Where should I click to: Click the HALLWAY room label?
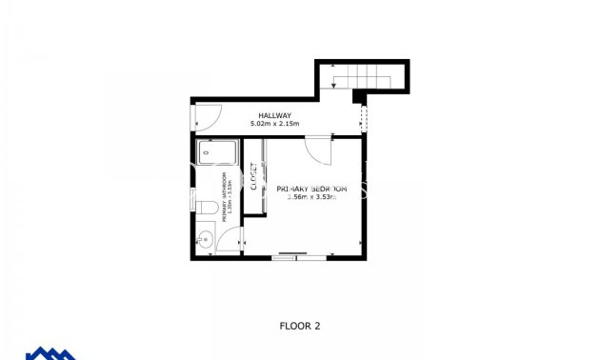(x=274, y=116)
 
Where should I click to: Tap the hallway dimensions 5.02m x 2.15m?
(x=274, y=125)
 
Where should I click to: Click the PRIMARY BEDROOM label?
(x=311, y=190)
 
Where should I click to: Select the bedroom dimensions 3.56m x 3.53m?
(x=311, y=198)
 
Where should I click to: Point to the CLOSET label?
(x=254, y=178)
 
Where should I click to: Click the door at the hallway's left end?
(x=204, y=116)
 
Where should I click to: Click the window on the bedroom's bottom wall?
(x=289, y=255)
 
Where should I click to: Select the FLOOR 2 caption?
(x=299, y=326)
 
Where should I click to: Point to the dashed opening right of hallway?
(x=362, y=118)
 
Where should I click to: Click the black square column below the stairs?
(x=358, y=96)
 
